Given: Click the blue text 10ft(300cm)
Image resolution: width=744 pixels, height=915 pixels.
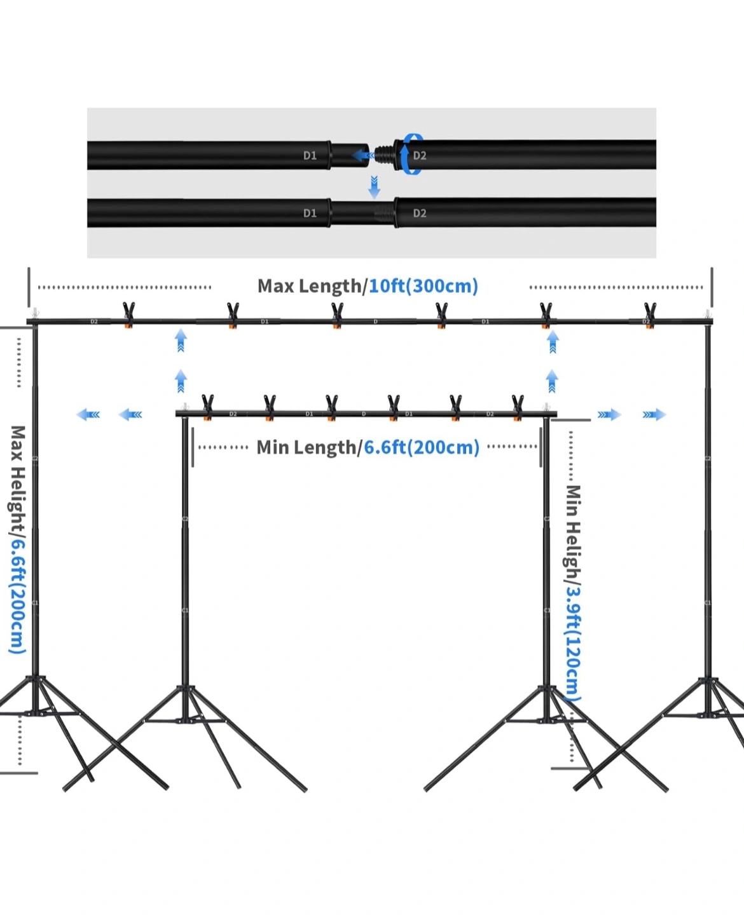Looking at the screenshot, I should tap(424, 286).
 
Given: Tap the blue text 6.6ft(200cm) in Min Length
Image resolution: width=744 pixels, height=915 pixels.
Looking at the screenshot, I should tap(422, 447).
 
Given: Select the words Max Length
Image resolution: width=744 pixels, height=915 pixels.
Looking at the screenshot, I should tap(309, 286).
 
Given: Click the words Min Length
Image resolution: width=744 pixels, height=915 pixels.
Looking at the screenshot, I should tap(306, 447).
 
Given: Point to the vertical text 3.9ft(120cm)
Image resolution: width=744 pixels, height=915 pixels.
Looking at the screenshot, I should tap(572, 642).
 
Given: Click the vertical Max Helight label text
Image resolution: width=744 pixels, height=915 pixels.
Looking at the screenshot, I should tap(17, 477).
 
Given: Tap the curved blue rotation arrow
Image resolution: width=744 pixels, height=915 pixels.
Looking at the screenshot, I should tap(411, 154).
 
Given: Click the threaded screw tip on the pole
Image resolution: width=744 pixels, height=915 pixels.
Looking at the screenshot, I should tap(384, 154).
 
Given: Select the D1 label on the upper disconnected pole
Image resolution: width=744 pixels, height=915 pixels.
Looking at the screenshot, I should tap(310, 156).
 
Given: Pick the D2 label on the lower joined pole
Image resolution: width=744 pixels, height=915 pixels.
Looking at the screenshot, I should tap(420, 213).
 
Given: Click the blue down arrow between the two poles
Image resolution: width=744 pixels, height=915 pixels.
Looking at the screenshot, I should tap(375, 187).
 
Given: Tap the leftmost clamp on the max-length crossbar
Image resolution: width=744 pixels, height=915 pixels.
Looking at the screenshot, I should tap(128, 315).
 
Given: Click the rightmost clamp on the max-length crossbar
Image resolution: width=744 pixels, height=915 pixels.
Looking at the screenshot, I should tap(650, 315).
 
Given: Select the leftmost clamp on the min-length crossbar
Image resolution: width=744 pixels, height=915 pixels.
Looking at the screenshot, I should tap(207, 407).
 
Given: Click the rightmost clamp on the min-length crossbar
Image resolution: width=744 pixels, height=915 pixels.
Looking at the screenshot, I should tap(518, 407).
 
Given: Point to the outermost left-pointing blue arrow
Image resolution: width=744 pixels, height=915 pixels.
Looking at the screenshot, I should tap(88, 415).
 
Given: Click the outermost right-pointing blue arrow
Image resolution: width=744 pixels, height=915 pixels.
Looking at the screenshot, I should tap(654, 415).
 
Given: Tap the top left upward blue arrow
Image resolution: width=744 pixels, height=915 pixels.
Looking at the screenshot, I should tap(181, 340).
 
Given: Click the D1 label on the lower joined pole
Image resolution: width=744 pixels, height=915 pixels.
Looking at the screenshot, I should tap(310, 213).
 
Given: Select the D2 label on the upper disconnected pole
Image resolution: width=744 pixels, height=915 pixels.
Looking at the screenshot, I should tap(420, 156).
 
